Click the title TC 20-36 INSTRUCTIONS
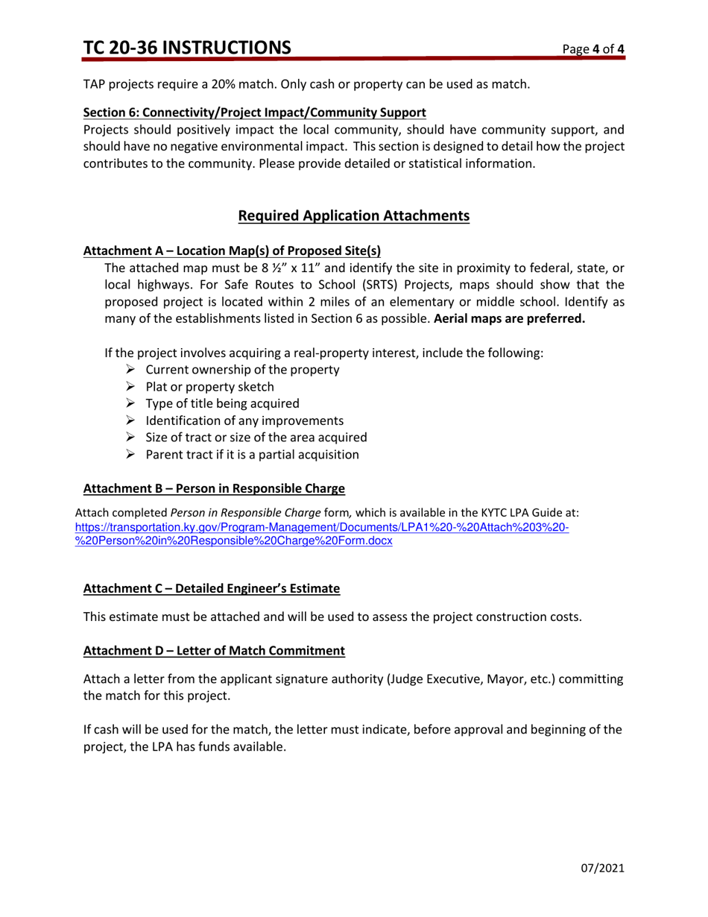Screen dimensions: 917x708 coord(187,48)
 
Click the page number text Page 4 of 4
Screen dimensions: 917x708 coord(593,50)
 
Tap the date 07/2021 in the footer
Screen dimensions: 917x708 coord(602,868)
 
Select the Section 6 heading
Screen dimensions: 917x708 coord(254,113)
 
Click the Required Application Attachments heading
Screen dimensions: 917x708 coord(353,216)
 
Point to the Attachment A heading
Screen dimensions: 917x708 coord(232,250)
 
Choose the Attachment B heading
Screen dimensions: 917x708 coord(214,489)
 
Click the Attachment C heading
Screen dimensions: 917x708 coord(212,588)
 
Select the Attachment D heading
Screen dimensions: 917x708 coord(214,651)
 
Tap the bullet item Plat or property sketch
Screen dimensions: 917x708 coord(209,387)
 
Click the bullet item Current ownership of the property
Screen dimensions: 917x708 coord(242,371)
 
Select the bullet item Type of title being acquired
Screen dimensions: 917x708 coord(222,403)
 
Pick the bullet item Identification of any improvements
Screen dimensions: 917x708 coord(244,420)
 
